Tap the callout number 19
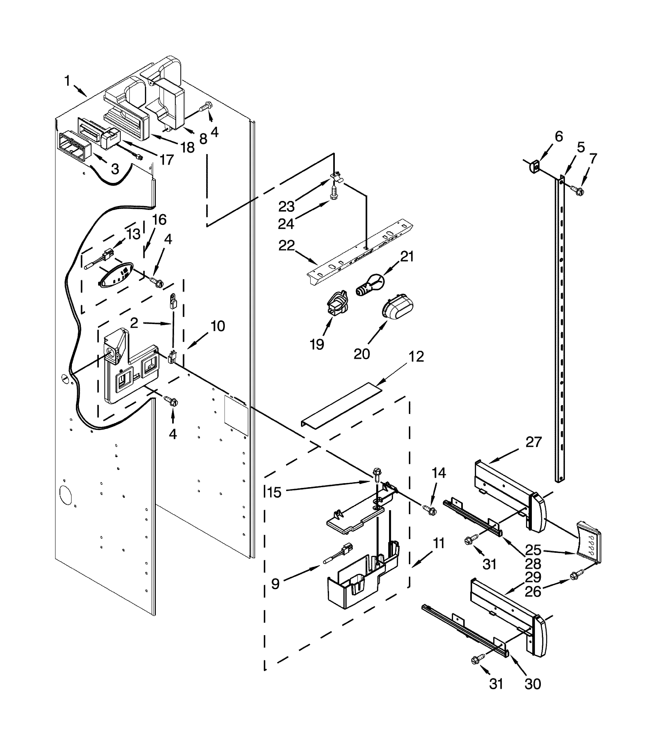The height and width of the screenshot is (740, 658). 317,344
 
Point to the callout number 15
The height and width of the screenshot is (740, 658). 275,492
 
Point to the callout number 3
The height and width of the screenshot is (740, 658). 115,168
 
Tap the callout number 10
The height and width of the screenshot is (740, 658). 218,326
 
